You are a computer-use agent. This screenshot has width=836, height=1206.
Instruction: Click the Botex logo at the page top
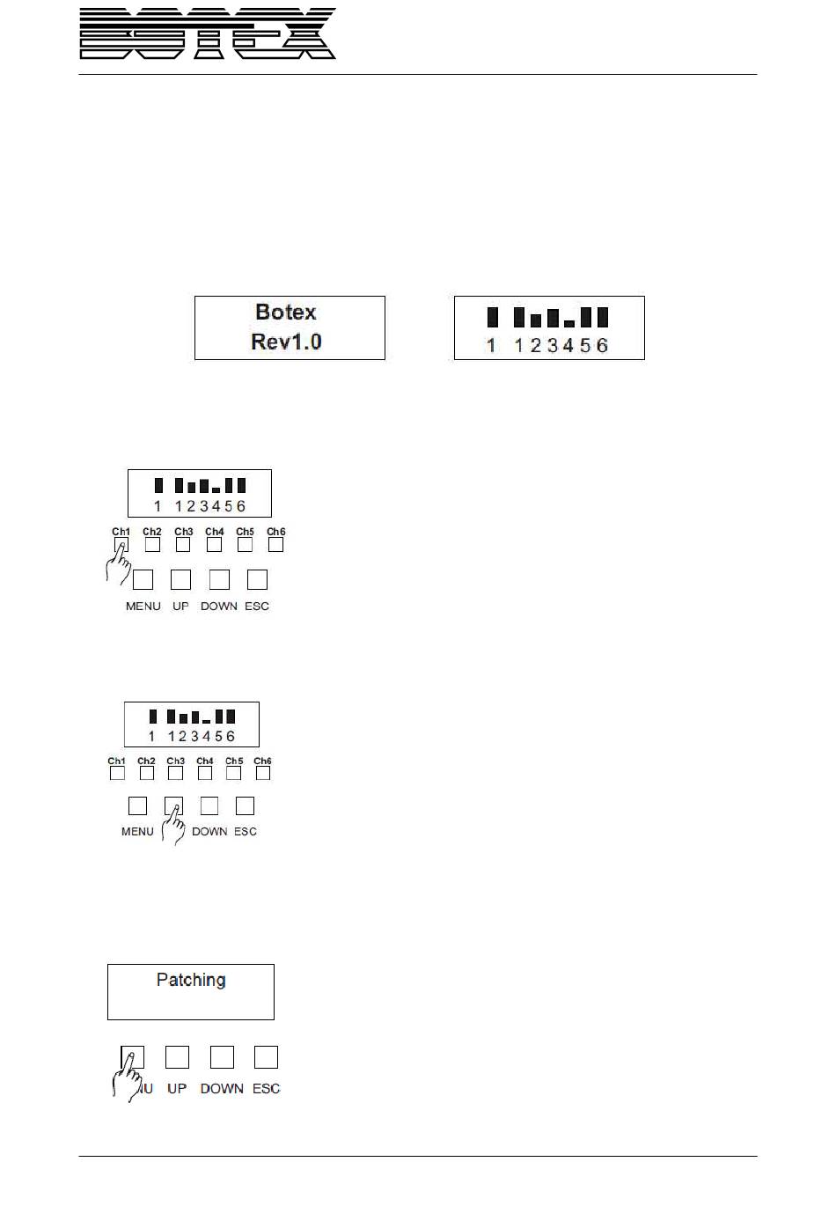pos(208,34)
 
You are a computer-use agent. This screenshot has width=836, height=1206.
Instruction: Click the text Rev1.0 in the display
pos(286,342)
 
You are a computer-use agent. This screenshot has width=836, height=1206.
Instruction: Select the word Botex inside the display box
pos(285,312)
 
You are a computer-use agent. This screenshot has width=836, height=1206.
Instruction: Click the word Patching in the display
pos(191,980)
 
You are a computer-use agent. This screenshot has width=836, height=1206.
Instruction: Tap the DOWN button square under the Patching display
pos(222,1056)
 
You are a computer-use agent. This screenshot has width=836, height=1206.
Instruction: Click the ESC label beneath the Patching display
pos(266,1089)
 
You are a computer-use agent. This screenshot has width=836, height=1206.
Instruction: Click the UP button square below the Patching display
pos(177,1056)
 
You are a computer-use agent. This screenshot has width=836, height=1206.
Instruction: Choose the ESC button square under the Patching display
pos(266,1056)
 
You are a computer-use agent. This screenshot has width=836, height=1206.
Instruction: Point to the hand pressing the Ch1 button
pos(117,563)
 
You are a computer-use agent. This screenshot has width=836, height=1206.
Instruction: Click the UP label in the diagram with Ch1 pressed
pos(180,607)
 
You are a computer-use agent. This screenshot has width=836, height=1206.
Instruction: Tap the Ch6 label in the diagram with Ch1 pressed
pos(276,532)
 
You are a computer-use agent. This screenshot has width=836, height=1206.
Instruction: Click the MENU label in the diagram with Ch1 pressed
pos(143,607)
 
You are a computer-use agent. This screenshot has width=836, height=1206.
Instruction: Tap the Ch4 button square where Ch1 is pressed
pos(214,545)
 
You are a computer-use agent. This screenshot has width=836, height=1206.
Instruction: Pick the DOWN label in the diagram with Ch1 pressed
pos(219,607)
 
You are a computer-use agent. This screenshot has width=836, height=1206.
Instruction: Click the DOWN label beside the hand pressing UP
pos(209,832)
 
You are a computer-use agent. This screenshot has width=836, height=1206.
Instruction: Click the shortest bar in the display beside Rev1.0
pos(569,324)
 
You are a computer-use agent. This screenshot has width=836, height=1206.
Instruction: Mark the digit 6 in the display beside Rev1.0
pos(602,346)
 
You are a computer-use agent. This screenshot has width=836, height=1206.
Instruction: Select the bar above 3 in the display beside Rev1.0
pos(553,318)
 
